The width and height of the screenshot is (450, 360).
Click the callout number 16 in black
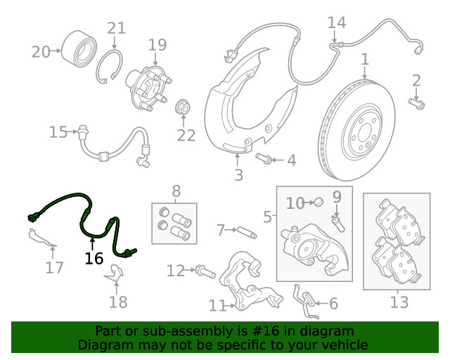point(94,258)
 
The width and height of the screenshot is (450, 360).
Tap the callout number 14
point(337,22)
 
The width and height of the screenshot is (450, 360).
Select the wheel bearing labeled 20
point(79,49)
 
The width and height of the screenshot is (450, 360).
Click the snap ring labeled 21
point(109,67)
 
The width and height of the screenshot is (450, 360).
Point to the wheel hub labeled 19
point(148,88)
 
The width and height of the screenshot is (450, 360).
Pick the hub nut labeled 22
point(183,107)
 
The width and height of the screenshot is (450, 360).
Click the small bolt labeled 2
point(417,103)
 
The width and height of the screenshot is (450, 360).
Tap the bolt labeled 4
point(264,158)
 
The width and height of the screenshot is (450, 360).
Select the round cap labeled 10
point(319,202)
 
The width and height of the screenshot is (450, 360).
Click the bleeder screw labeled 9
point(338,224)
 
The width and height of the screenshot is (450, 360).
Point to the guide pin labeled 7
point(247,233)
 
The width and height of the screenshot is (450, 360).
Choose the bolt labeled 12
point(205,272)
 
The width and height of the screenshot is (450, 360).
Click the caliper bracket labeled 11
point(250,283)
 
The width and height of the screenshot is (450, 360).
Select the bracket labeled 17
point(41,238)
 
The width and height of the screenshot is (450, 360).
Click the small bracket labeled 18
point(115,273)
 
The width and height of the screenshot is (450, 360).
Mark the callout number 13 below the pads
point(399,302)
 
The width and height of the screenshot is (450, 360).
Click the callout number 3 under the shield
point(238,175)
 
